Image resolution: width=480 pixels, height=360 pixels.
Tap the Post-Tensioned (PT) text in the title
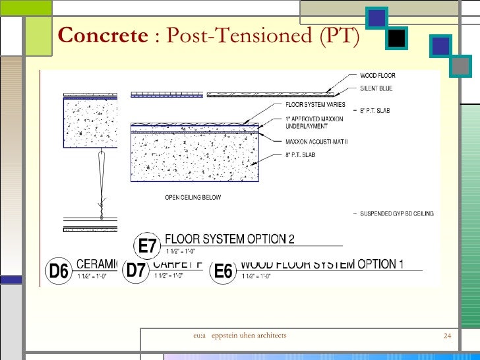click(x=261, y=37)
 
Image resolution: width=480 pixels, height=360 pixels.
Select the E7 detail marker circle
click(x=148, y=247)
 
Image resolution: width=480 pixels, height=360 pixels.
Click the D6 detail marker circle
click(x=59, y=271)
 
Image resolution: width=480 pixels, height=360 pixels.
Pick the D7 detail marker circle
click(x=136, y=270)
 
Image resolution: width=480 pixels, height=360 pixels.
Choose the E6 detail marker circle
click(x=224, y=271)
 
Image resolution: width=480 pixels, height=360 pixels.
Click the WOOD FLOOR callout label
click(x=378, y=76)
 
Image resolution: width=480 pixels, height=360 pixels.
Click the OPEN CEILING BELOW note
click(x=193, y=197)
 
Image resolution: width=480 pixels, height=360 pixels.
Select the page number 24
click(x=446, y=337)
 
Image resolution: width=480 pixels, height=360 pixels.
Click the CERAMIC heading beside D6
click(x=97, y=264)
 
